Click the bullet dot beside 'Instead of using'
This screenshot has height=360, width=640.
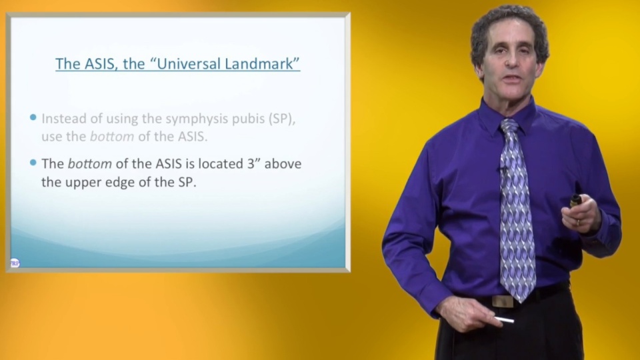(x=33, y=118)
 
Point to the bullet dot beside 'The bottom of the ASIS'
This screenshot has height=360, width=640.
(x=33, y=163)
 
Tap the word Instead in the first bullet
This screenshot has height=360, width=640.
(x=61, y=119)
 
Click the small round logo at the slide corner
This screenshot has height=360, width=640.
(x=15, y=263)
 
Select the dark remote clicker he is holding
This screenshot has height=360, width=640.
(x=575, y=200)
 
